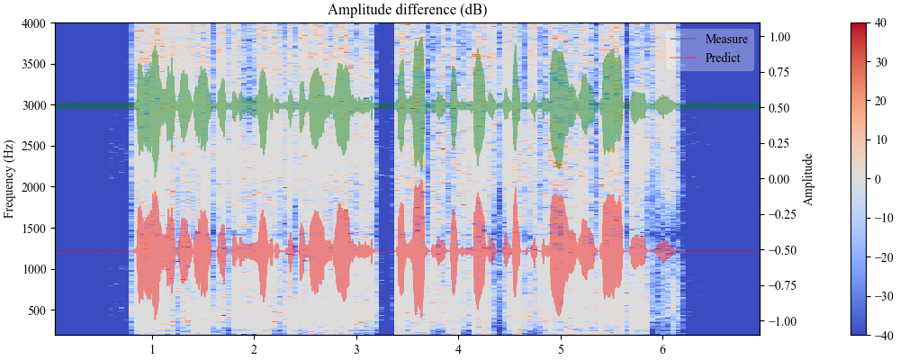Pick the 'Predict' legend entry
[x=724, y=58]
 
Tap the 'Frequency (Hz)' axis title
[x=10, y=179]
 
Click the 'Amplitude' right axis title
[x=808, y=179]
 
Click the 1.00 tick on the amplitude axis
[x=779, y=38]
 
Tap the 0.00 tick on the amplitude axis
[x=779, y=179]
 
